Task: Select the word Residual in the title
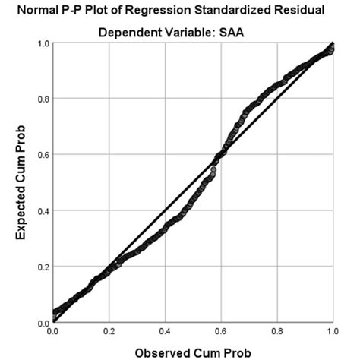coord(308,10)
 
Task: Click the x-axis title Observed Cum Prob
coord(192,352)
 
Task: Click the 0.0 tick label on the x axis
coord(52,333)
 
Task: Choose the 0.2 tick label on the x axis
coord(109,333)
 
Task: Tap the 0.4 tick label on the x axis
coord(165,333)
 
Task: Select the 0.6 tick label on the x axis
coord(220,333)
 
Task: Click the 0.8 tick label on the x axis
coord(276,333)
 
